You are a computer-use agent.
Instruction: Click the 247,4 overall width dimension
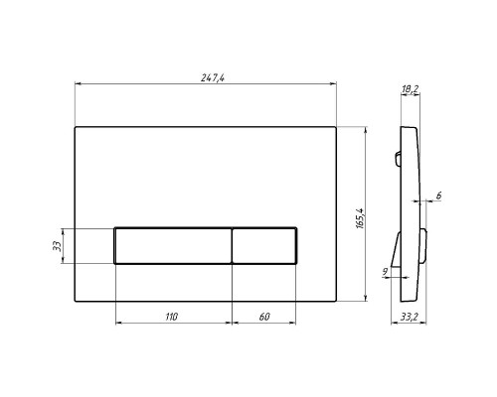point(213,77)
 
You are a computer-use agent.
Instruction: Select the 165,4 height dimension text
point(360,218)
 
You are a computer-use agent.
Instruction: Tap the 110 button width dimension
point(172,317)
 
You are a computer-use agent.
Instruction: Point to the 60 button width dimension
point(264,317)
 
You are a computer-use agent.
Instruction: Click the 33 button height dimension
point(57,246)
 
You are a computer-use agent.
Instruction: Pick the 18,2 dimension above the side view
point(411,88)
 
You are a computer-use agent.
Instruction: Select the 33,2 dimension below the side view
point(409,317)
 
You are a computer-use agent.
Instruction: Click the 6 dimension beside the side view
point(438,196)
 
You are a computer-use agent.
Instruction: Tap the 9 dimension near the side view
point(385,272)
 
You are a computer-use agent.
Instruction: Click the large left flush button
point(173,245)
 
